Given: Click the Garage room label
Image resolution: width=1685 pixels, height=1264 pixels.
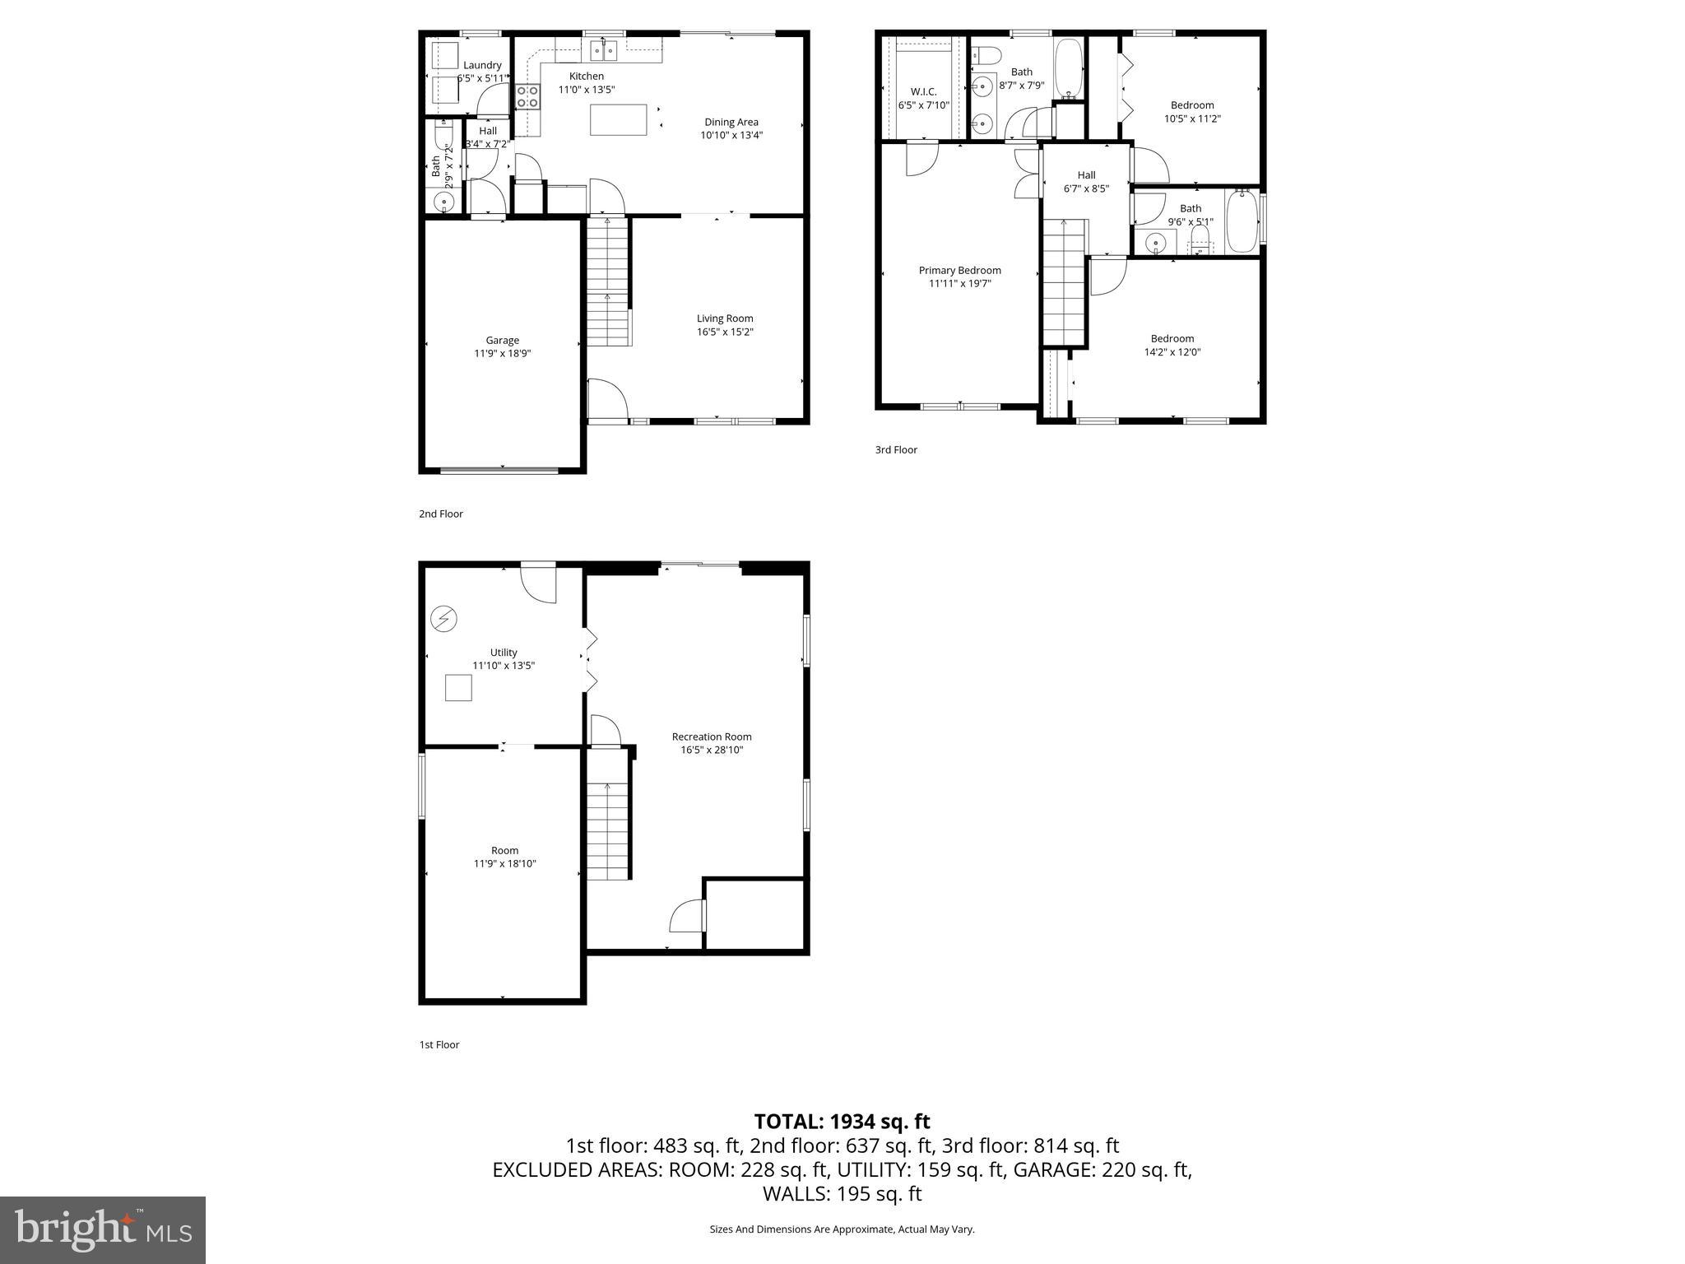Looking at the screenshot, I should coord(502,340).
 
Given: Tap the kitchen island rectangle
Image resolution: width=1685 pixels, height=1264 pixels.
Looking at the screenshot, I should coord(618,119).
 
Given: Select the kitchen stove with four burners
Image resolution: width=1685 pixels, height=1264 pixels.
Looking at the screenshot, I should coord(527,96).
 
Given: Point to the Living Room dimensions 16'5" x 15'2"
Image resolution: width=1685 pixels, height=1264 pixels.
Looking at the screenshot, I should coord(725,332).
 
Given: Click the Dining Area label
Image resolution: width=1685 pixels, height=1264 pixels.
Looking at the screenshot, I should coord(731,122).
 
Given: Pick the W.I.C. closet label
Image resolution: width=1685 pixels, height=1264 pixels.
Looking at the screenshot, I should coord(923,91).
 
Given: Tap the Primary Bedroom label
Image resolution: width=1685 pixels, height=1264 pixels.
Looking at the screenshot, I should coord(959,270).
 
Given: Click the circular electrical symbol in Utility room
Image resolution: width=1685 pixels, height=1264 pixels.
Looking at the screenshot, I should coord(444,619).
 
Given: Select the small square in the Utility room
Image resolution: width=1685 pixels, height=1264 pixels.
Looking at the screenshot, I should coord(458,687).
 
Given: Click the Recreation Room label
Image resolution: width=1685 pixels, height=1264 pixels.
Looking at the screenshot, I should coord(711,737).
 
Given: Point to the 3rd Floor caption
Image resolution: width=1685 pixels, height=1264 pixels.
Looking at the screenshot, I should coord(895,449).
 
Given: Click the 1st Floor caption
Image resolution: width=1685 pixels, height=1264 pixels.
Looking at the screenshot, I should coord(439,1044).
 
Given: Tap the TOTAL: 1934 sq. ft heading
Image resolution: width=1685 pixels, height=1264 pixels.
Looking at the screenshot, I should coord(842,1121).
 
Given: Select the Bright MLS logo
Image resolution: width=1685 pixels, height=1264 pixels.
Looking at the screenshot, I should coord(103,1230).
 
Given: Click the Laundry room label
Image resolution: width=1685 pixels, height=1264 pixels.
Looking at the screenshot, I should coord(482,65).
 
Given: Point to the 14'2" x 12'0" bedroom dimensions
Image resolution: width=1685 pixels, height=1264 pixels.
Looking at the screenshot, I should coord(1172,351).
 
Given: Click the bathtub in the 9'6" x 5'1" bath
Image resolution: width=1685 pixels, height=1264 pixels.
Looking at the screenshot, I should coord(1241,222).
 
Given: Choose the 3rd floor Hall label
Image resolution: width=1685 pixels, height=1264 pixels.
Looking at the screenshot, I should coord(1086,174).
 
